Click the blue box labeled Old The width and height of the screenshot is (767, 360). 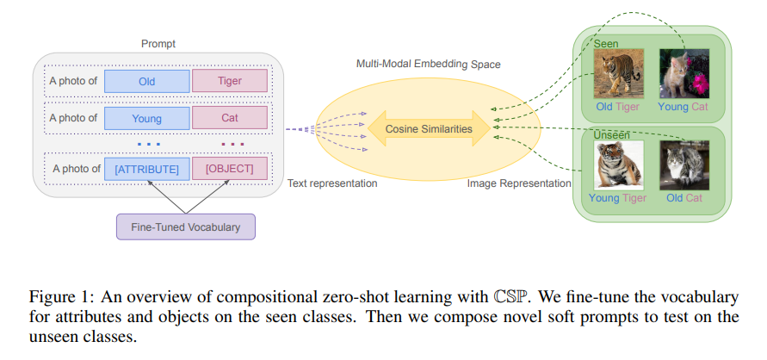click(146, 81)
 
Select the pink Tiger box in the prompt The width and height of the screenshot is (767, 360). click(230, 81)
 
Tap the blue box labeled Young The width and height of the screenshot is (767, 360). click(146, 118)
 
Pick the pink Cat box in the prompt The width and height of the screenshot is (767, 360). click(230, 118)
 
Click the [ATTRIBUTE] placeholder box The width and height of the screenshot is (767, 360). click(146, 170)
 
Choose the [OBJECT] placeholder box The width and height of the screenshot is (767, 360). click(230, 169)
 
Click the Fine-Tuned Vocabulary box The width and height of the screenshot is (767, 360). click(186, 227)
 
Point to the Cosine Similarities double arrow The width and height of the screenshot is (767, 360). click(429, 128)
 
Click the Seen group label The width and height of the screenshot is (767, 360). click(606, 44)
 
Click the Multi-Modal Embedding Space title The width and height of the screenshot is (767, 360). click(429, 64)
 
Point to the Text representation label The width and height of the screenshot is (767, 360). click(332, 183)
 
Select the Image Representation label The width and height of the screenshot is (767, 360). click(519, 183)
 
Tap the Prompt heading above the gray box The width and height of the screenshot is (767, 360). click(158, 44)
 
